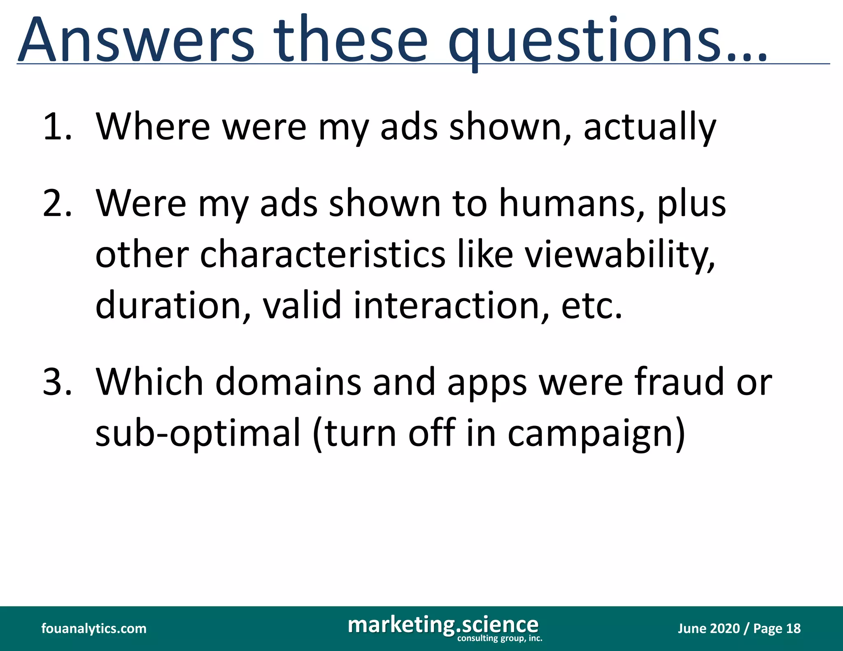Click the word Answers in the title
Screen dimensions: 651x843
(136, 40)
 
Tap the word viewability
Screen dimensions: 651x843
(619, 255)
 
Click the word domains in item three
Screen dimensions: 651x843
(288, 382)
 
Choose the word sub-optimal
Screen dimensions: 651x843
(198, 433)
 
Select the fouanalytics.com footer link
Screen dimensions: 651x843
(94, 628)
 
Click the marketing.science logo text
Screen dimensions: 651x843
(443, 624)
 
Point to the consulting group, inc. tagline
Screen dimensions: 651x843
(500, 638)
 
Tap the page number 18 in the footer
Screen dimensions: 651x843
(793, 628)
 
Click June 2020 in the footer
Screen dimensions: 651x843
(708, 628)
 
